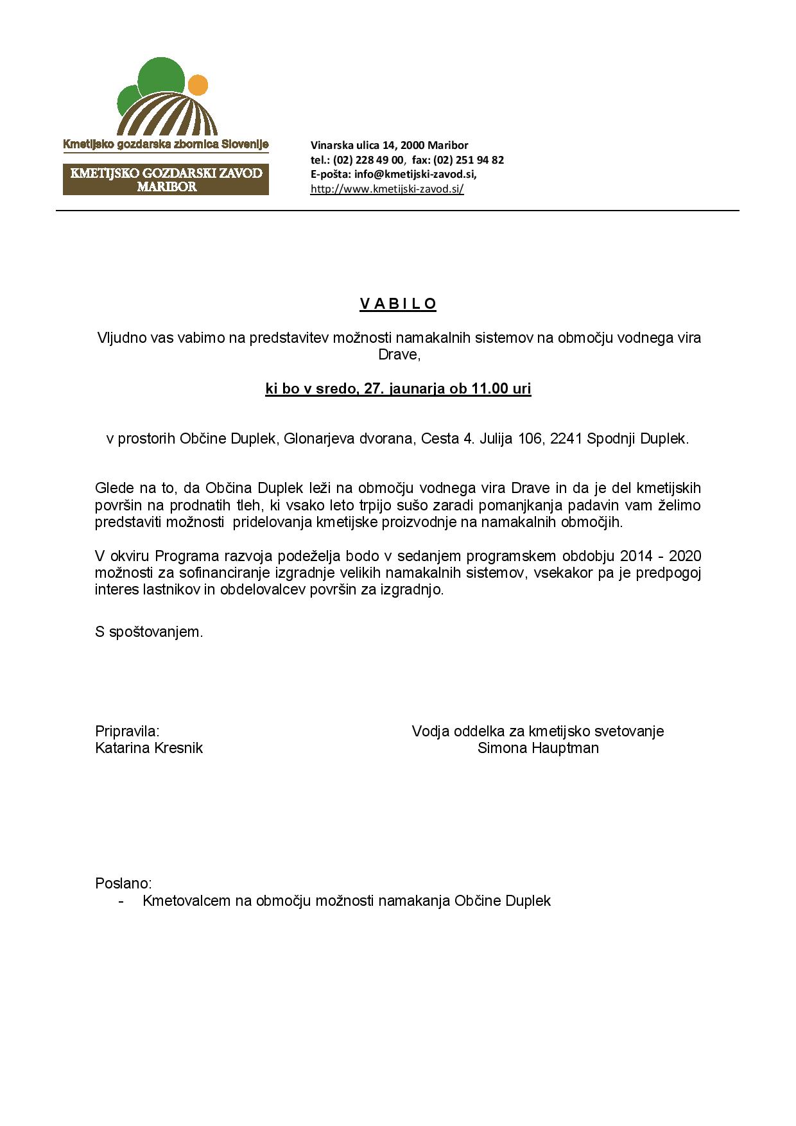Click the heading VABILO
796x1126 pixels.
(398, 304)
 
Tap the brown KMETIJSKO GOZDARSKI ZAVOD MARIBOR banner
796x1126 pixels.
(166, 180)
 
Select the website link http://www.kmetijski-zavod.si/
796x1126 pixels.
(387, 189)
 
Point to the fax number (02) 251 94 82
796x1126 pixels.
(468, 160)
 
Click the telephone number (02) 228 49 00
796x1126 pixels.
(368, 160)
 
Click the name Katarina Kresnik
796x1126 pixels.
(149, 748)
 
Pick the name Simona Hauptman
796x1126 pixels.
(538, 748)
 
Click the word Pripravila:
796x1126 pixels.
(127, 731)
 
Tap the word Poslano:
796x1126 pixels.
(123, 883)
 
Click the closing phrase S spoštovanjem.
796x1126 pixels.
(149, 632)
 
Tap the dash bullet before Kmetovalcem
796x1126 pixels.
(121, 901)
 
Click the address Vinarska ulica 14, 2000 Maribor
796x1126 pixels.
(389, 145)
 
